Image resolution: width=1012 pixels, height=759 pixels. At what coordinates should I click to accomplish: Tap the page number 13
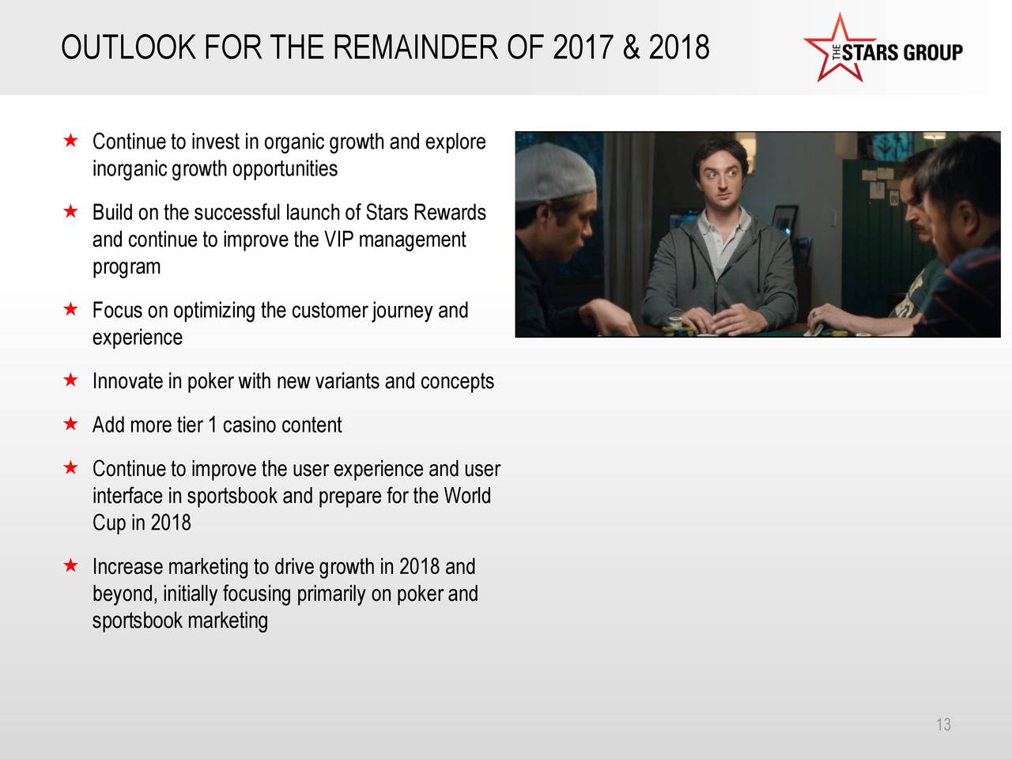pos(943,724)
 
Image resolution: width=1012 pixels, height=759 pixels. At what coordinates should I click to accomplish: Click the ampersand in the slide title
pos(631,47)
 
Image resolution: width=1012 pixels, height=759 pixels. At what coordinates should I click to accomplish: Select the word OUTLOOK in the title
pos(129,47)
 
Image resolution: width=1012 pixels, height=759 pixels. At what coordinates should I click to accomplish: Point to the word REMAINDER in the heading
pos(415,47)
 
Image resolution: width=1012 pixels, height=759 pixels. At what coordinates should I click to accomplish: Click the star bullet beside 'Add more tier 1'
pos(70,423)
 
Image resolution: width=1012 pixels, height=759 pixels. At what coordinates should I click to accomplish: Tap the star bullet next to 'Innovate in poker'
pos(70,379)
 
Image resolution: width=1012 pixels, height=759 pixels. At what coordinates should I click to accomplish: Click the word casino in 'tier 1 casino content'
pos(249,425)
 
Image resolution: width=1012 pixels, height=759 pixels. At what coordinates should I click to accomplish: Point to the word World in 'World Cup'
pos(467,496)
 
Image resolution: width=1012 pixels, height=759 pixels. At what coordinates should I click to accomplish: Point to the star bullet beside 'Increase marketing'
pos(70,565)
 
